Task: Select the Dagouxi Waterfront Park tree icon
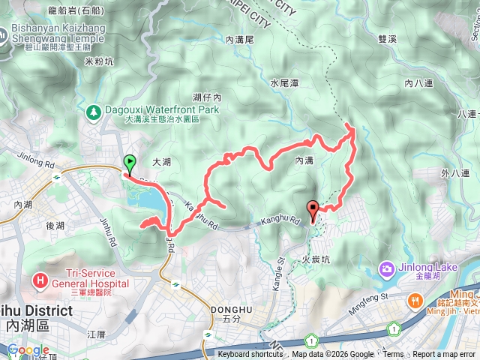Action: coord(94,112)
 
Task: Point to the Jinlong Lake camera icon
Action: coord(385,268)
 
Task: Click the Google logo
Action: coord(28,349)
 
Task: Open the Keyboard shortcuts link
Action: coord(250,355)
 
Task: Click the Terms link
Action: coord(393,355)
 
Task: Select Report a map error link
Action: coord(444,355)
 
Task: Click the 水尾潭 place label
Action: coord(284,83)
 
